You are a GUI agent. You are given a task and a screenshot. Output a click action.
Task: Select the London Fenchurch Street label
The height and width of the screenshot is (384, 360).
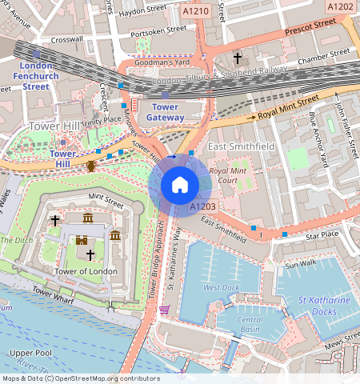35,76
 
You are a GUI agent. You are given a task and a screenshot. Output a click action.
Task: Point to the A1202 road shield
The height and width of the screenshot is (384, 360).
341,6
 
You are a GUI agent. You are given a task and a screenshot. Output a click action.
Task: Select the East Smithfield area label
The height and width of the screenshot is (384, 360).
240,148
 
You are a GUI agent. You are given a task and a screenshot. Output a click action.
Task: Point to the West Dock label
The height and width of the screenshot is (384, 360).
221,287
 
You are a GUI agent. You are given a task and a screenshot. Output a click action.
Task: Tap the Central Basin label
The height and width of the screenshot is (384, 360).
251,324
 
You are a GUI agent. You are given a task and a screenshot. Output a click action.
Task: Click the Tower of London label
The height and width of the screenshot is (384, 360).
86,271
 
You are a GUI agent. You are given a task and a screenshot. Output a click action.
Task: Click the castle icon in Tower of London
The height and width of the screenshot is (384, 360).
81,239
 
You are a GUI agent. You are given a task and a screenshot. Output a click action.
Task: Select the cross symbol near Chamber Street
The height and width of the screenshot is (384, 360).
237,58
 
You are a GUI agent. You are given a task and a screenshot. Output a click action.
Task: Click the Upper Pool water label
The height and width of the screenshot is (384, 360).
30,352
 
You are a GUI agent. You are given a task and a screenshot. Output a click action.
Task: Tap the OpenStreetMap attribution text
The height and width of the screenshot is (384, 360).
80,378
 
